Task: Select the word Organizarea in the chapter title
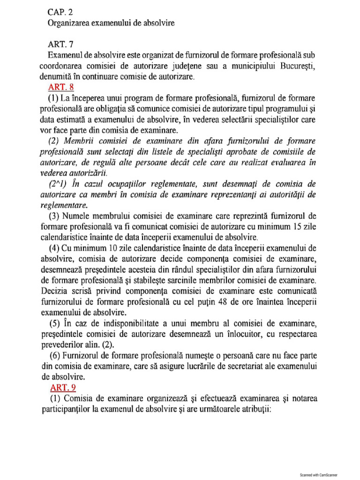click(x=70, y=22)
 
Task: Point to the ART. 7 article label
click(x=61, y=44)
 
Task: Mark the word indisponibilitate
click(x=133, y=324)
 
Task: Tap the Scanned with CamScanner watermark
click(x=319, y=474)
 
